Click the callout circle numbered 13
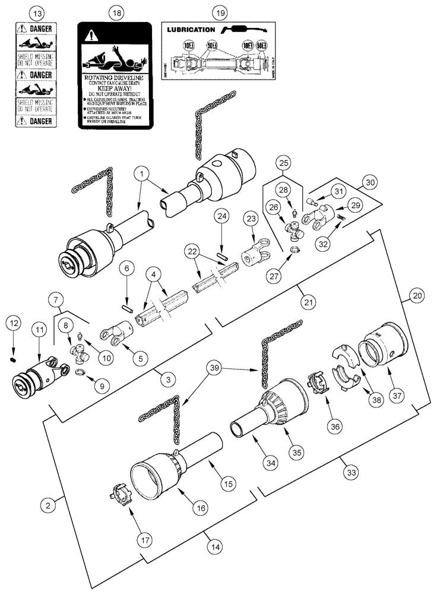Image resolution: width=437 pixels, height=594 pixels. tap(37, 12)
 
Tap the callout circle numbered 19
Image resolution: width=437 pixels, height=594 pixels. tap(220, 12)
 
